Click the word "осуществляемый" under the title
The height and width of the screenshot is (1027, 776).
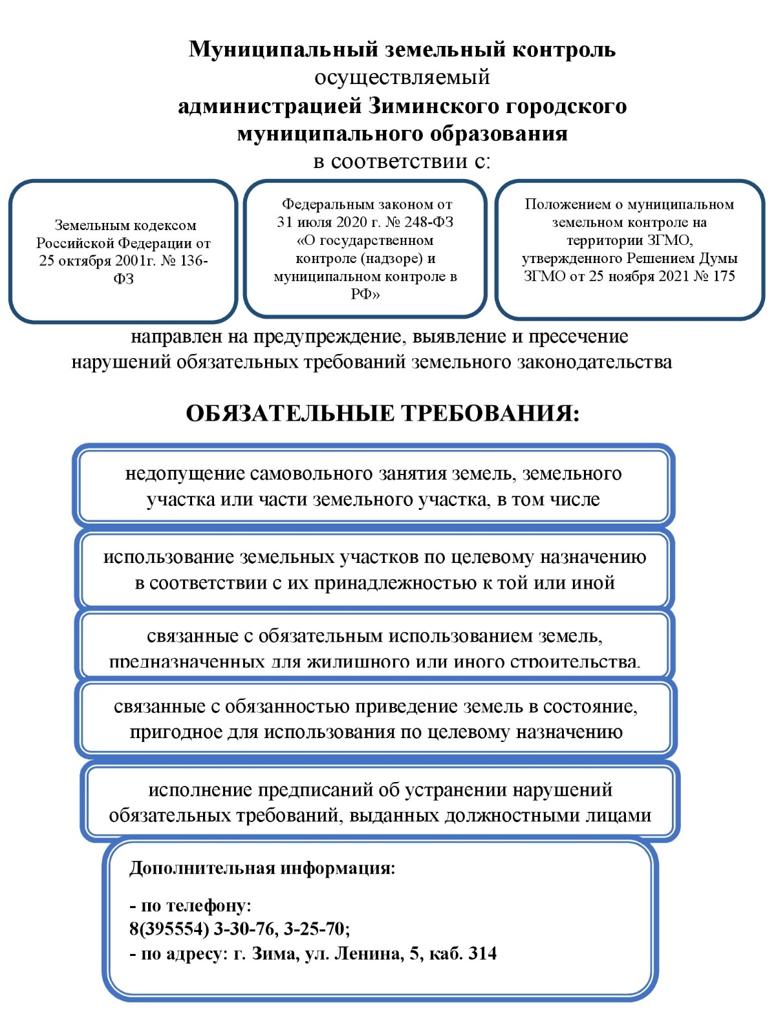(x=402, y=78)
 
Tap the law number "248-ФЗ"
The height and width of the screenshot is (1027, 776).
(x=429, y=222)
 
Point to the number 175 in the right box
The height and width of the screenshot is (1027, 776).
(x=724, y=277)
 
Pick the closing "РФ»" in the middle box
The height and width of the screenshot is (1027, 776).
(x=365, y=295)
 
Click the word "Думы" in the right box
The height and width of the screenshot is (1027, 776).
(x=718, y=259)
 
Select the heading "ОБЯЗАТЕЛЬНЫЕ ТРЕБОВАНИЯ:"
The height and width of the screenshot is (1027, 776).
(x=382, y=414)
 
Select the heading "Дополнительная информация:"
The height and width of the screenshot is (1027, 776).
(x=262, y=868)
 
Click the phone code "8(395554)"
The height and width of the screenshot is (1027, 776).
(x=169, y=929)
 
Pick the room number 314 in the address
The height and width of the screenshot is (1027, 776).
(x=482, y=954)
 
